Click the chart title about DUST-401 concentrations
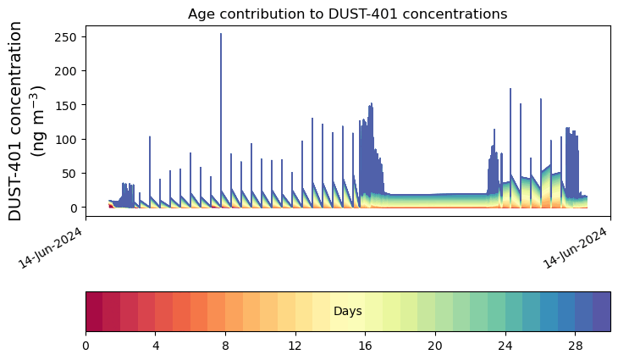[347, 14]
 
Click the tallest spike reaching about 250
[221, 38]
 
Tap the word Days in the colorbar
[347, 312]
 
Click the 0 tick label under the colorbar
[86, 346]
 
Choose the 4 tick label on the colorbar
[156, 346]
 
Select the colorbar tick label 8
[225, 346]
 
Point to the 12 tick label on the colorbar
[295, 346]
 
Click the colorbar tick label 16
[366, 346]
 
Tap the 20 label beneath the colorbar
[435, 346]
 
